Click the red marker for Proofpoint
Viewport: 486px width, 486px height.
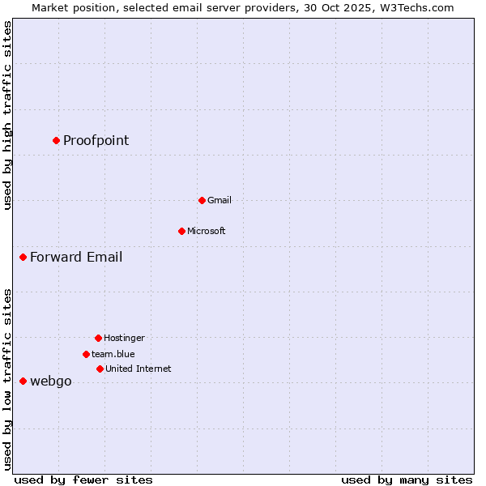[x=56, y=140]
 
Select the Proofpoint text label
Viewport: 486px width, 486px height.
[x=96, y=140]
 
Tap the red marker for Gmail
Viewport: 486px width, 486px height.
[x=202, y=200]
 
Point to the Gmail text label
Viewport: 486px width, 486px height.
[x=219, y=200]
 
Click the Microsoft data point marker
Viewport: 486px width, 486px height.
[x=181, y=231]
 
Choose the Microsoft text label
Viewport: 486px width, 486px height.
[x=206, y=231]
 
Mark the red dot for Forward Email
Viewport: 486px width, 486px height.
[x=23, y=257]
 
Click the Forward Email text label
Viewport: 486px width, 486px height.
[x=76, y=257]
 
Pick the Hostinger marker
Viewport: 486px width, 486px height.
[x=98, y=338]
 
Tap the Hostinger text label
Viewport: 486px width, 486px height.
[x=124, y=338]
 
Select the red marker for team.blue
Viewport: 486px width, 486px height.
[x=86, y=354]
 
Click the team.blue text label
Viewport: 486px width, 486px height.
[x=113, y=354]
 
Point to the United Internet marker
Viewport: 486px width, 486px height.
[x=100, y=369]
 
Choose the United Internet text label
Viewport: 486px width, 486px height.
[x=138, y=369]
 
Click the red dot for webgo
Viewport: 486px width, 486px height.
[x=23, y=381]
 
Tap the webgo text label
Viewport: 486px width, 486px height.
[x=50, y=382]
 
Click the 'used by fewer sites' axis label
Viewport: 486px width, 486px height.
[x=83, y=480]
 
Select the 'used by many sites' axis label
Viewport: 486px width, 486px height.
[x=407, y=480]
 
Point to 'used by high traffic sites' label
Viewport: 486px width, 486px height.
[x=7, y=115]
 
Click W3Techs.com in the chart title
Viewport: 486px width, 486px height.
[x=414, y=7]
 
